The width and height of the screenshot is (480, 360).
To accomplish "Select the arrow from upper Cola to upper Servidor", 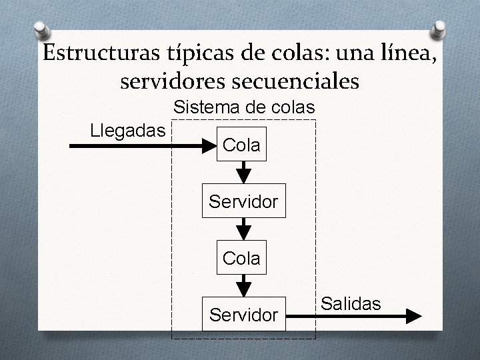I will point(245,172).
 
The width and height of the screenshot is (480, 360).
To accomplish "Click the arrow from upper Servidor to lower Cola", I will point(245,229).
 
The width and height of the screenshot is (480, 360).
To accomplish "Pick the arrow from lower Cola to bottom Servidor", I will point(245,285).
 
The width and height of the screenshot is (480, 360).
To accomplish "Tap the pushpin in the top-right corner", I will point(441,28).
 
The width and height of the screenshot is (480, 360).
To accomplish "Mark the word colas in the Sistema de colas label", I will point(289,107).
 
